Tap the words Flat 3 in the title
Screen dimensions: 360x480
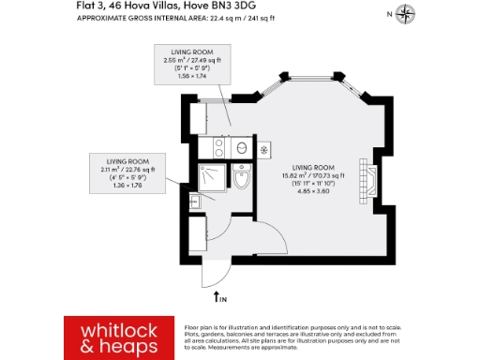point(89,6)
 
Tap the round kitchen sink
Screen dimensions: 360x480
point(239,147)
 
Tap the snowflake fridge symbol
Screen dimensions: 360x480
point(263,148)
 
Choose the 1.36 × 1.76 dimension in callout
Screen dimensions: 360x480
point(130,186)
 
